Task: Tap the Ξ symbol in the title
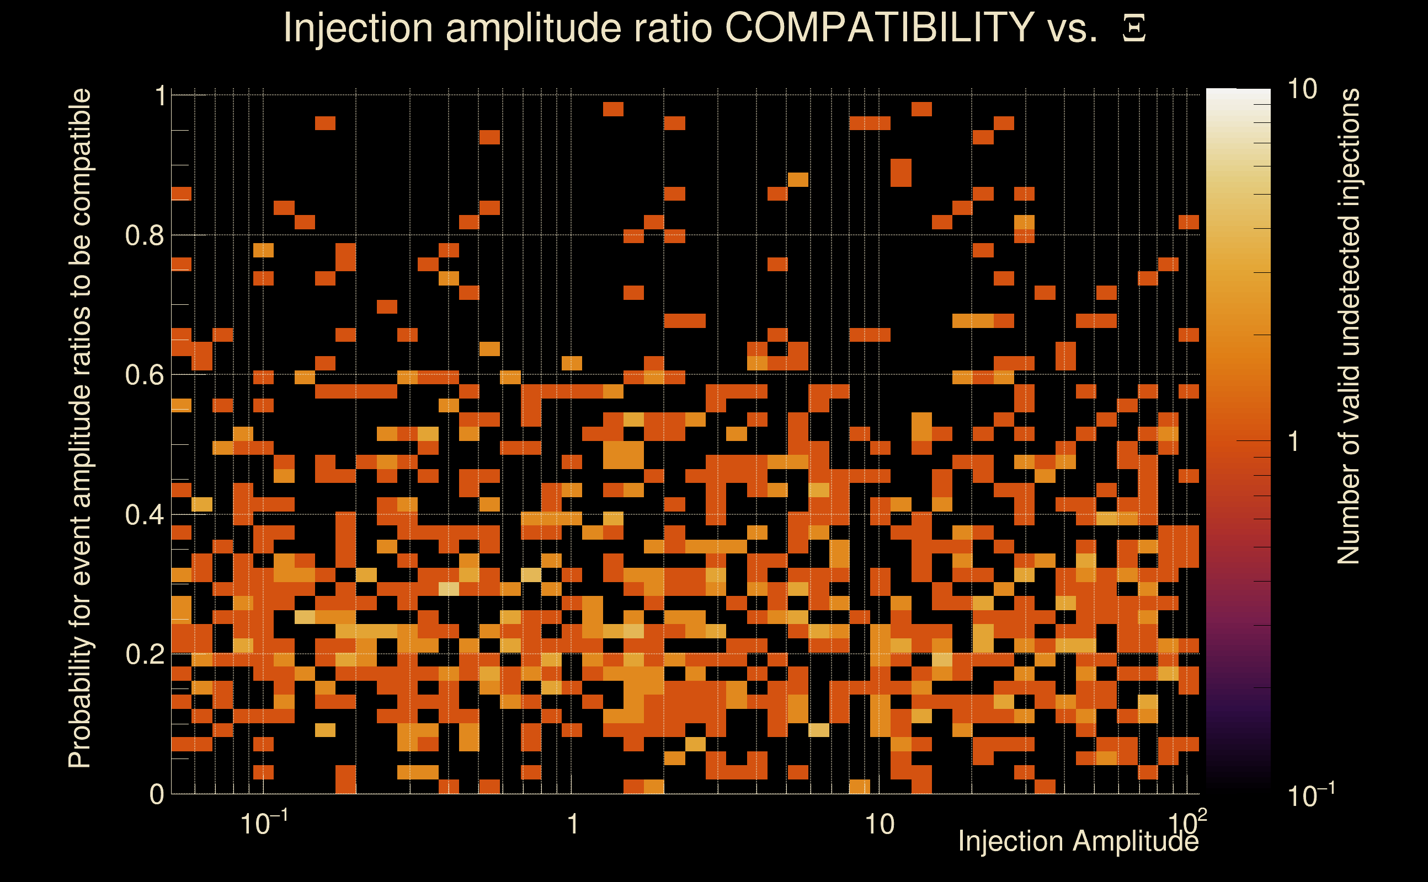pyautogui.click(x=1134, y=29)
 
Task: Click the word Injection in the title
pyautogui.click(x=358, y=29)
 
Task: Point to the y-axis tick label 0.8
pyautogui.click(x=145, y=236)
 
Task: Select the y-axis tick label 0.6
pyautogui.click(x=145, y=374)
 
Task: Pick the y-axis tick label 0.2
pyautogui.click(x=145, y=654)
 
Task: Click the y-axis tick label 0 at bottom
pyautogui.click(x=157, y=794)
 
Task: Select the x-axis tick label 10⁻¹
pyautogui.click(x=263, y=823)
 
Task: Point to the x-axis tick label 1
pyautogui.click(x=573, y=824)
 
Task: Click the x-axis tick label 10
pyautogui.click(x=879, y=824)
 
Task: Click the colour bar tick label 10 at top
pyautogui.click(x=1302, y=90)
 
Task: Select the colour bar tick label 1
pyautogui.click(x=1294, y=442)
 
